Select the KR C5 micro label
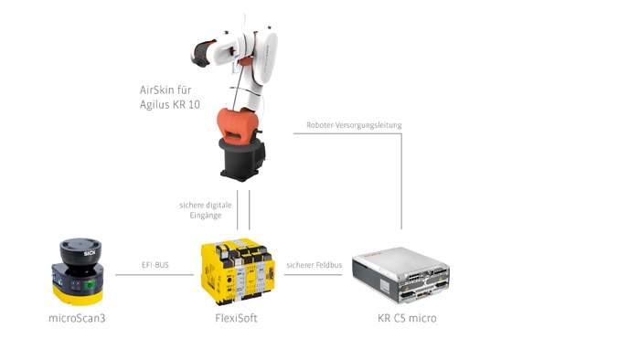click(407, 318)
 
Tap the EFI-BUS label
click(155, 266)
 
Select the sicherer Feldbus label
click(314, 266)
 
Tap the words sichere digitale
click(200, 205)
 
